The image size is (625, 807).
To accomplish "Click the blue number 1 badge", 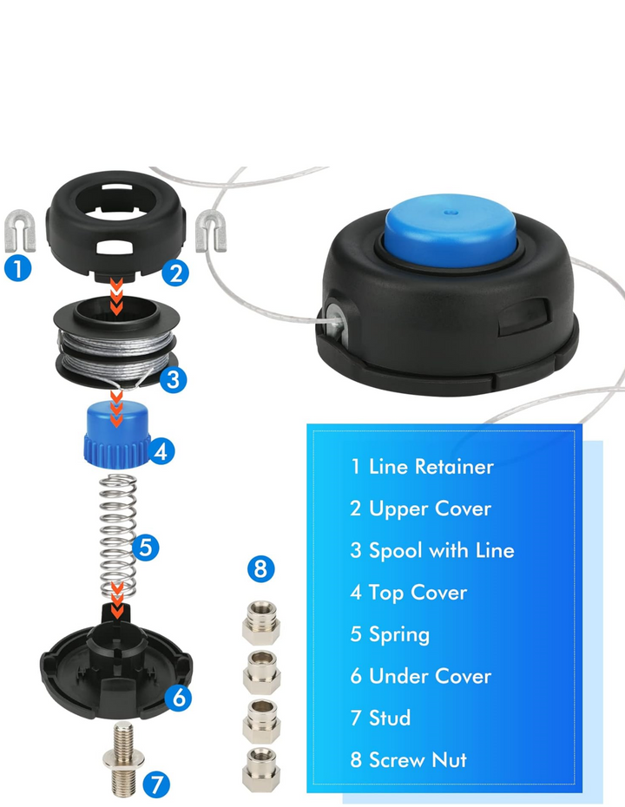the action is [x=18, y=268].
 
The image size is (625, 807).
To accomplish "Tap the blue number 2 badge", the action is [x=175, y=273].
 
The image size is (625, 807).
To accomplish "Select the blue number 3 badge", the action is [x=173, y=380].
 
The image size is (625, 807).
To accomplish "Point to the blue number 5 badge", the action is [x=146, y=547].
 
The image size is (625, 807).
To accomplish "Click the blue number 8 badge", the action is [x=261, y=569].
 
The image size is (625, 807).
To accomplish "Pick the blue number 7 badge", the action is [x=156, y=784].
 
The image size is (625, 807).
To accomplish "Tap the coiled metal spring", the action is [x=118, y=535].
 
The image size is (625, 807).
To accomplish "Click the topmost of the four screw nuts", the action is [x=261, y=623].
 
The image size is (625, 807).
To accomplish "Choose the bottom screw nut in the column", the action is [x=261, y=770].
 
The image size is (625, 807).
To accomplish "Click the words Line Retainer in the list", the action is [x=431, y=467].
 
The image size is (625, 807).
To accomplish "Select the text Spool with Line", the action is [x=442, y=551].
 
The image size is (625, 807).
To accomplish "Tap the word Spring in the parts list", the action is [x=399, y=634].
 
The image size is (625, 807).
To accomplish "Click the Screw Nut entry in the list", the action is [x=408, y=760].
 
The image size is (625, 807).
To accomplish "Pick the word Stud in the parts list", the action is [x=390, y=718].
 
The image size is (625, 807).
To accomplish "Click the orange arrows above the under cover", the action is [x=117, y=600].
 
